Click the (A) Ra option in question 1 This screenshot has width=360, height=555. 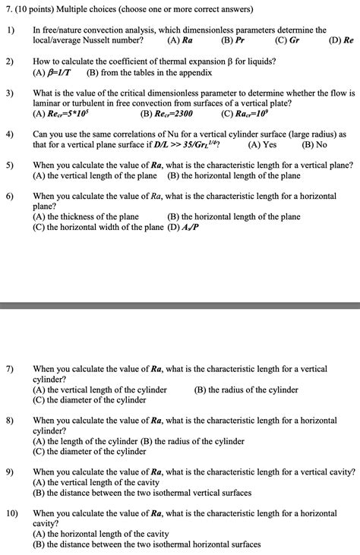tap(178, 39)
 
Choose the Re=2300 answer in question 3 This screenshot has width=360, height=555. tap(166, 115)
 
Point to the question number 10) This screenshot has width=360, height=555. tap(13, 513)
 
